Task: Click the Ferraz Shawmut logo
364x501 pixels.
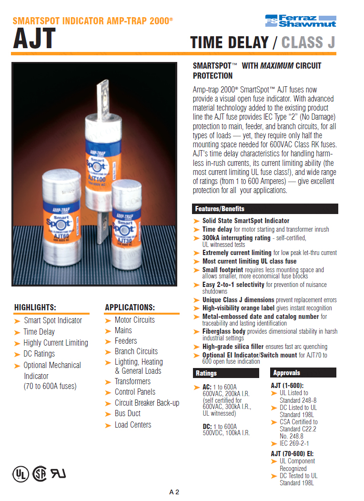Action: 301,21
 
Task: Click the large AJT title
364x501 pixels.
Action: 34,39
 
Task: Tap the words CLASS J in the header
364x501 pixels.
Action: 308,42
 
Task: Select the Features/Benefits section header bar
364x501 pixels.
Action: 265,209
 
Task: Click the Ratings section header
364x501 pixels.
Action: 226,373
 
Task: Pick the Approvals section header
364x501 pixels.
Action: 303,373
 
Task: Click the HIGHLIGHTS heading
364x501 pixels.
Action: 35,307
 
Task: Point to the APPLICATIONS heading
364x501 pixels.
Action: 130,307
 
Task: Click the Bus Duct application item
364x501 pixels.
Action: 128,413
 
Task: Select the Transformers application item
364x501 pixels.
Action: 132,381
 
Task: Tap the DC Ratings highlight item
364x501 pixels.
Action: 39,354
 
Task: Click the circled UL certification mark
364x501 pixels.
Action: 21,474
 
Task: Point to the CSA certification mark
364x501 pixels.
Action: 40,473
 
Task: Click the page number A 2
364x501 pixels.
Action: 174,492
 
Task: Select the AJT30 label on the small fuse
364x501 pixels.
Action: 125,240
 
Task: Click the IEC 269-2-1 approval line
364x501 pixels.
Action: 294,443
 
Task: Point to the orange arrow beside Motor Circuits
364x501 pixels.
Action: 108,321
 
